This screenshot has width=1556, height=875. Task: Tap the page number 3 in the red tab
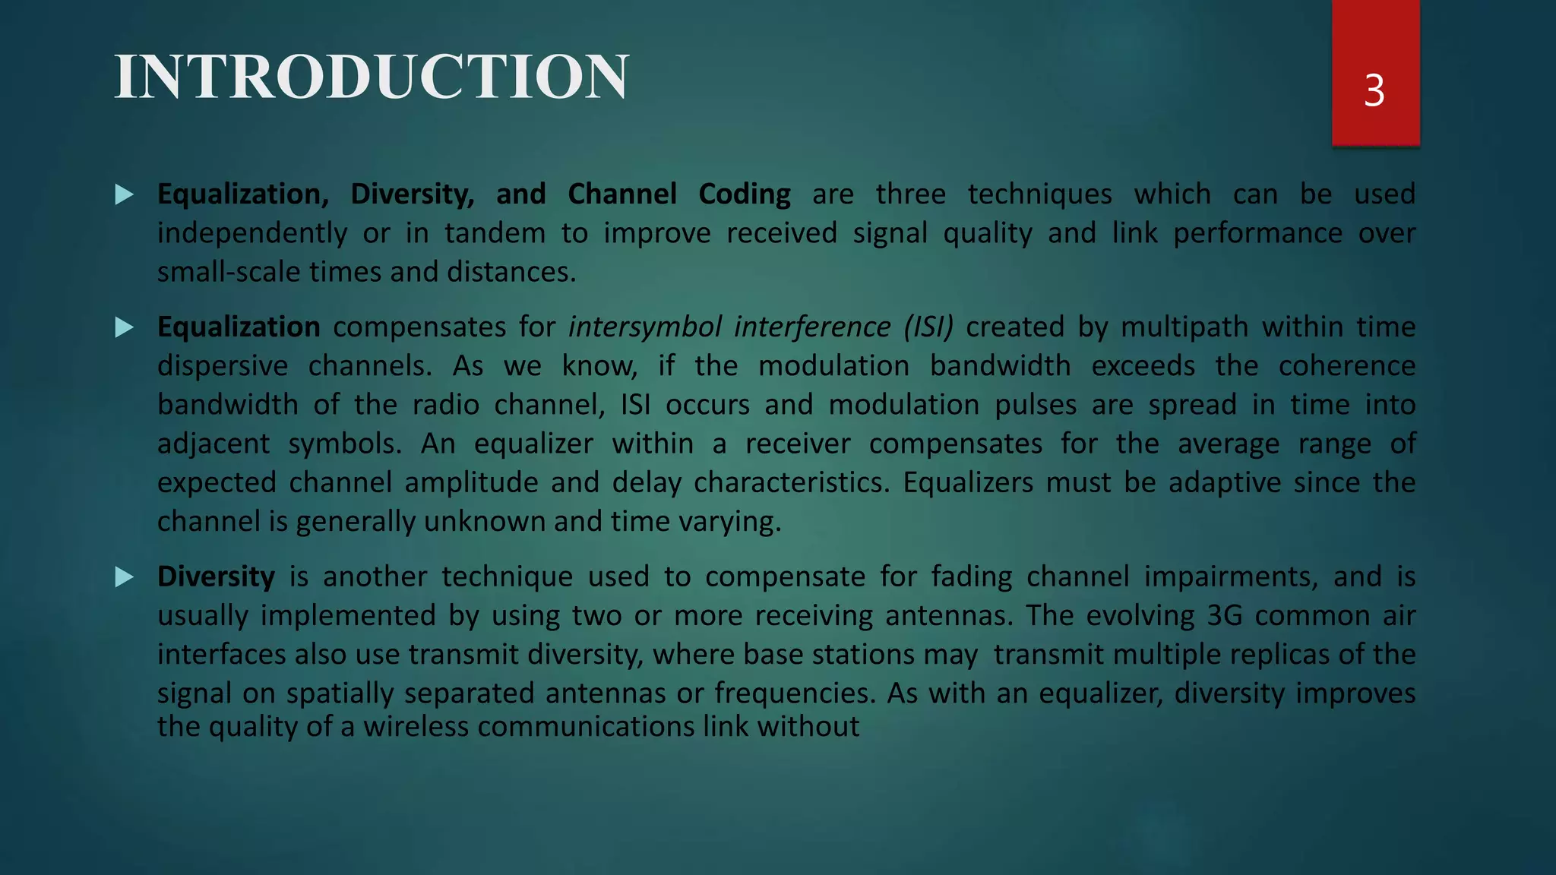click(x=1374, y=91)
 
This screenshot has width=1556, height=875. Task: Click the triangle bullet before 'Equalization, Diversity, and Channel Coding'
click(x=125, y=195)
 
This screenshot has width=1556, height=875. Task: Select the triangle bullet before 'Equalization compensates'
click(x=125, y=328)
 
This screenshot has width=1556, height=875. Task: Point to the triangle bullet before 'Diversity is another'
click(x=125, y=578)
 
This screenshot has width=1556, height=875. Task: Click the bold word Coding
click(x=745, y=194)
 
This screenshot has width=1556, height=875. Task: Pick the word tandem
click(x=495, y=233)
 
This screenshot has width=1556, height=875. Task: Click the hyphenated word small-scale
click(x=229, y=272)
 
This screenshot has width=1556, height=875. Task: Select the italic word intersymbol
click(x=644, y=327)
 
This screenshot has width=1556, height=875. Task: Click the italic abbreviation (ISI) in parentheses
click(x=928, y=327)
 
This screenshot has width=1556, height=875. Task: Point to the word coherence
click(x=1346, y=366)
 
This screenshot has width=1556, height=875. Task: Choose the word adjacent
click(x=213, y=444)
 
